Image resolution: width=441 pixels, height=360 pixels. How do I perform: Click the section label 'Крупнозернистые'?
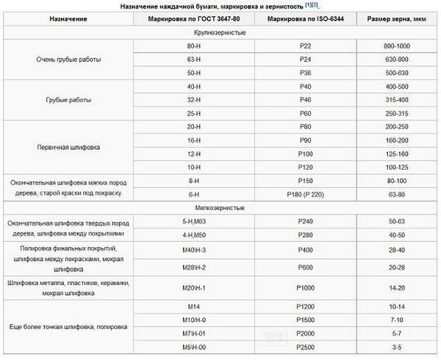(220, 33)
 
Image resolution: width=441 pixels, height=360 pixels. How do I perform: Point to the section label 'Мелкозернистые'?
(220, 207)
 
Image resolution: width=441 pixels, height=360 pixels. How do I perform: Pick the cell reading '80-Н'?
(196, 46)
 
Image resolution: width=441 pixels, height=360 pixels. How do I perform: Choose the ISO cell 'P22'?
(301, 46)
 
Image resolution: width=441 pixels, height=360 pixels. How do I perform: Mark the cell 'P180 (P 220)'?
(301, 194)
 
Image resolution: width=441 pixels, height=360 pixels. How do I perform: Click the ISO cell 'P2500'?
(301, 345)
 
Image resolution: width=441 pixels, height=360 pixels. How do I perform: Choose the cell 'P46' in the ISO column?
(301, 98)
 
